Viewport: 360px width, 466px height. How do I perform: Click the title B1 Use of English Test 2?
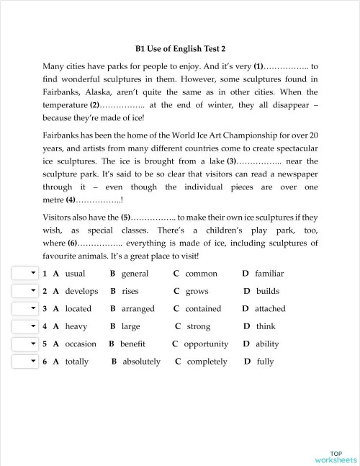(180, 48)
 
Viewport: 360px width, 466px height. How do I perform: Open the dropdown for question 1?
(24, 274)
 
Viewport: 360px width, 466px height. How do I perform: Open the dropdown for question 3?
(24, 308)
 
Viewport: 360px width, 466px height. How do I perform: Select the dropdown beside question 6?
(24, 361)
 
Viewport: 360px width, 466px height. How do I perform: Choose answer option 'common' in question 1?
(201, 274)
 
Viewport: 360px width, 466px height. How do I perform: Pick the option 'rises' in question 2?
(130, 291)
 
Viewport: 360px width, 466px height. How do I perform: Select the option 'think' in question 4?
(266, 326)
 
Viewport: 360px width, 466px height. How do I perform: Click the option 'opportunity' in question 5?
(206, 344)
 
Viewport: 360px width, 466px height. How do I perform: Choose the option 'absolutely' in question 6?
(142, 362)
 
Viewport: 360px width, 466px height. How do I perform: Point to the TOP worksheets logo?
(336, 455)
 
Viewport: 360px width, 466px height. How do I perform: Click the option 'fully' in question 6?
(265, 362)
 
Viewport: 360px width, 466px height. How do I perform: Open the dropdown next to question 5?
(24, 344)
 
